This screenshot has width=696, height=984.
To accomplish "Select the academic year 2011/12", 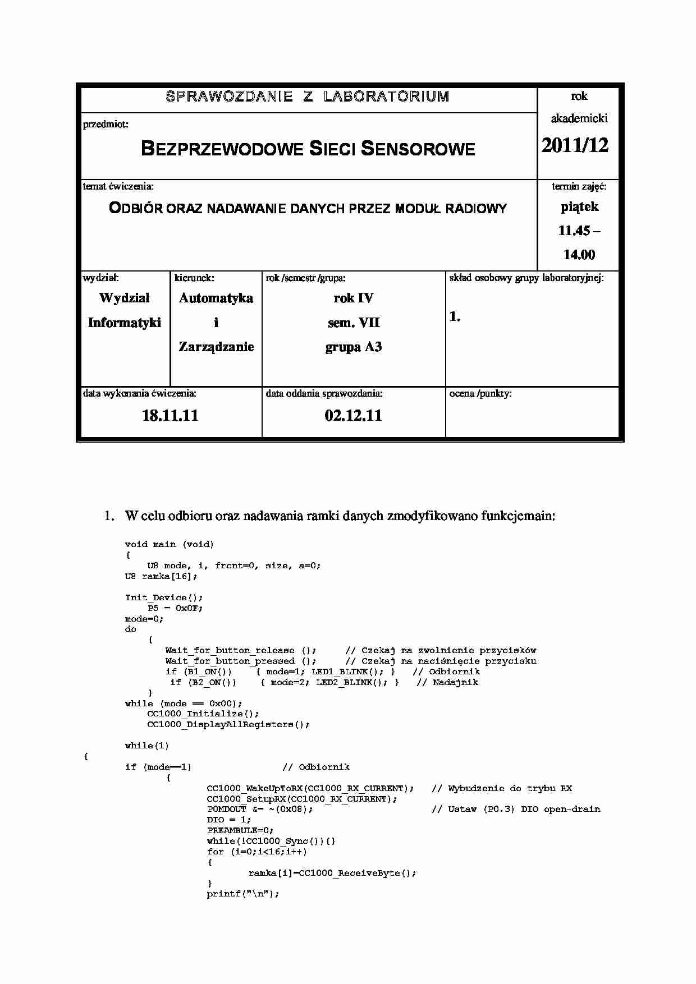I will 575,145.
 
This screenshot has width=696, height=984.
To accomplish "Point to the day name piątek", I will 579,206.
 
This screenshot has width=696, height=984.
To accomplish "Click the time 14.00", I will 579,255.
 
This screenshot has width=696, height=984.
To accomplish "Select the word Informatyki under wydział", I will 125,323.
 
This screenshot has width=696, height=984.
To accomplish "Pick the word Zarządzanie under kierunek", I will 216,347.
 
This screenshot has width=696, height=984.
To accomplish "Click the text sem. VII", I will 354,323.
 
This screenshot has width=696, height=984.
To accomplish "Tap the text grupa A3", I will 354,347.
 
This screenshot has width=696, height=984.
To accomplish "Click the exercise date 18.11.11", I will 170,416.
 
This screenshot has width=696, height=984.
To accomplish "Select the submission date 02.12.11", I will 353,416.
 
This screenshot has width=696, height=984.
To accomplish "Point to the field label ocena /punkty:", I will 480,394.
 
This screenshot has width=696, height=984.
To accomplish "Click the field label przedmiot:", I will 106,124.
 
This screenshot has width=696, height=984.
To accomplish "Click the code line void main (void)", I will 169,544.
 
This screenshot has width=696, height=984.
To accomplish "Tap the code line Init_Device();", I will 164,597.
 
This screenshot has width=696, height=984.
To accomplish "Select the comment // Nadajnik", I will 447,682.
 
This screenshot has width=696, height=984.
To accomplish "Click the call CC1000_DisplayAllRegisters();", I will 228,724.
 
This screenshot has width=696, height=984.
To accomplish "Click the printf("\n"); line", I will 242,894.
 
